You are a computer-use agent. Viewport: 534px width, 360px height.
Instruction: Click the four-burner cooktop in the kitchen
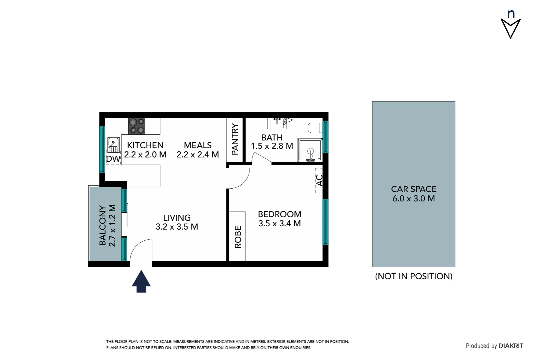(x=137, y=126)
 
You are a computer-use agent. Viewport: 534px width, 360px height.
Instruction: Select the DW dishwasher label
(x=113, y=159)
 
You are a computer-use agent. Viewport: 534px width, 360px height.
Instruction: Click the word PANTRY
(x=235, y=139)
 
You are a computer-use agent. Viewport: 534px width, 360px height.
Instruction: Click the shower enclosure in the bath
(x=310, y=150)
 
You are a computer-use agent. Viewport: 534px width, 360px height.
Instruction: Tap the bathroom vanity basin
(x=277, y=123)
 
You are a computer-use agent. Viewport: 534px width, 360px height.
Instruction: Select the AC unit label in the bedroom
(x=319, y=180)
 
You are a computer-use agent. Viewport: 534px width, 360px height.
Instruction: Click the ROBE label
(x=238, y=237)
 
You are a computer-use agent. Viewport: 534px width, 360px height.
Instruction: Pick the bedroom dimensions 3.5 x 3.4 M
(x=279, y=224)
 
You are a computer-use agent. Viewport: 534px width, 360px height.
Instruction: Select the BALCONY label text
(x=103, y=225)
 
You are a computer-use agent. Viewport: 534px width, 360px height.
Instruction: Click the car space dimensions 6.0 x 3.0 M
(x=413, y=199)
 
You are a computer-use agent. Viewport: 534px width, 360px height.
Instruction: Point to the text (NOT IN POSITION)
(x=413, y=276)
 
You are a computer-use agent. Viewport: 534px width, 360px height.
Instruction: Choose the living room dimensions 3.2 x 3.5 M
(x=177, y=227)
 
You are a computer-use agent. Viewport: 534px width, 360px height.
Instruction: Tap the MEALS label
(x=198, y=145)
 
